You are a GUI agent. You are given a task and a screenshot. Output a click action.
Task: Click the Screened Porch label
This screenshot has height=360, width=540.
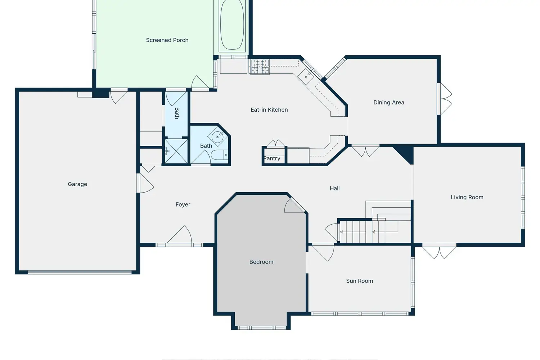[x=167, y=40]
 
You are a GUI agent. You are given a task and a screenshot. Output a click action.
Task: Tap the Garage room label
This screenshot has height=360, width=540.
[x=77, y=184]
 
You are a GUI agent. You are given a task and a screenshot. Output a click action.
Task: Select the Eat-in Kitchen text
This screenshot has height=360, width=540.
[x=269, y=110]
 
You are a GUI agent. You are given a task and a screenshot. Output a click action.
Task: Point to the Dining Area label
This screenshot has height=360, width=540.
[x=388, y=103]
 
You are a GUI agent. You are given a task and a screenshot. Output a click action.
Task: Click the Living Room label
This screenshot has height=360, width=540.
[x=467, y=197]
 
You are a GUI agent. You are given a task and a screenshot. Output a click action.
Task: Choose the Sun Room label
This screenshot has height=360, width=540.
[x=359, y=281]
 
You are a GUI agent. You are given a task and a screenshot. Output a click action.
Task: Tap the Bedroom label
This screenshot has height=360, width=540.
[x=261, y=262]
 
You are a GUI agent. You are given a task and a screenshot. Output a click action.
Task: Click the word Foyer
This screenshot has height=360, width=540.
[x=183, y=204]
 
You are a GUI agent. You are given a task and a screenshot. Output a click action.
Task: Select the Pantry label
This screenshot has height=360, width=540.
[x=272, y=158]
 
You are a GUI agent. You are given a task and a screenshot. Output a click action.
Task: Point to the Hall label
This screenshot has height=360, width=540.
[x=334, y=188]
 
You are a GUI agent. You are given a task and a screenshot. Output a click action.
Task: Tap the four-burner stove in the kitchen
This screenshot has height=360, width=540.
[x=260, y=67]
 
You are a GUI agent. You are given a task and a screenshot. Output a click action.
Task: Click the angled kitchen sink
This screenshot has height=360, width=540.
[x=306, y=77]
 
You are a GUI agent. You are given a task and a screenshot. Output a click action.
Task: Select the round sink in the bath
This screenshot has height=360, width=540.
[x=217, y=137]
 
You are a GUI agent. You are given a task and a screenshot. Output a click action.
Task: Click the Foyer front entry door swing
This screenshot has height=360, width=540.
[x=179, y=236]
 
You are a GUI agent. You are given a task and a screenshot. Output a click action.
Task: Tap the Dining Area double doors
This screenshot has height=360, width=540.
[x=445, y=99]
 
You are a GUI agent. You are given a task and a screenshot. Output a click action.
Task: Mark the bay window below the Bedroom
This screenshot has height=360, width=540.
[x=262, y=328]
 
